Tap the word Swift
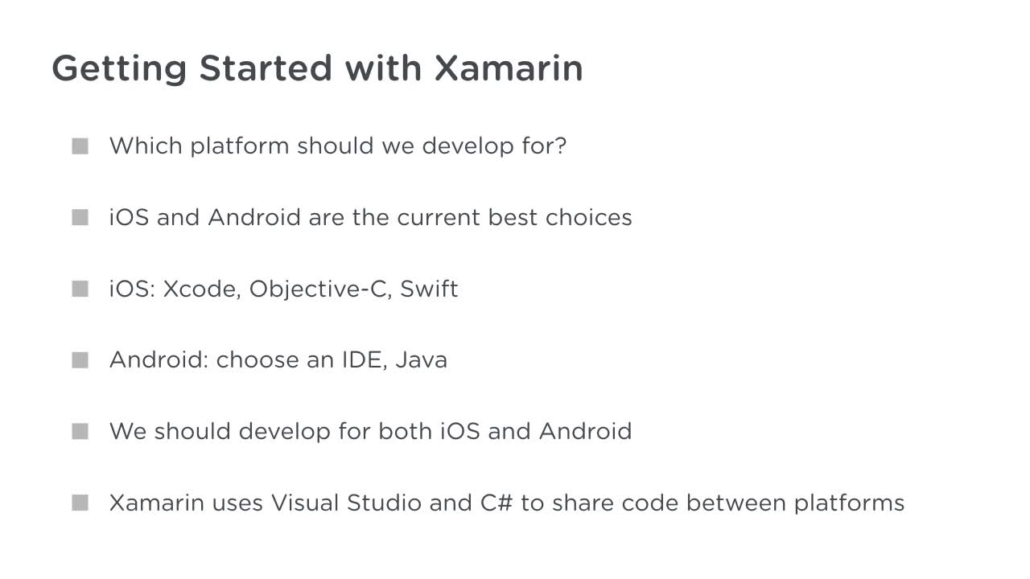[429, 289]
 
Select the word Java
[421, 359]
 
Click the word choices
[588, 218]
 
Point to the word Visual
[304, 503]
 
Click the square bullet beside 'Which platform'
[80, 146]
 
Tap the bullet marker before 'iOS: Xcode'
[80, 289]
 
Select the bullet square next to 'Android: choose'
[80, 360]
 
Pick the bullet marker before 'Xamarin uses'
[80, 503]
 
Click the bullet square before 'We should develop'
[80, 432]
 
